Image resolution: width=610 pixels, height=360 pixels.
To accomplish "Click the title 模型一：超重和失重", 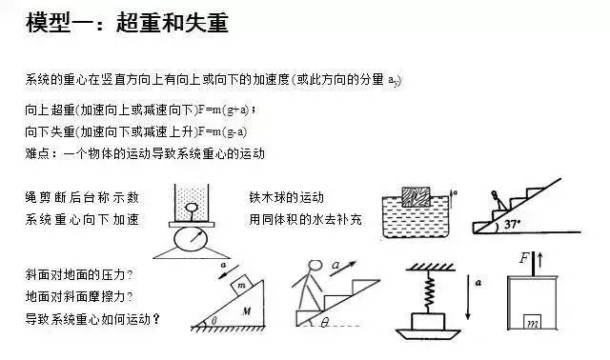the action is click(x=127, y=23).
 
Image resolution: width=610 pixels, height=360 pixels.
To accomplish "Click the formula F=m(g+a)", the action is click(x=223, y=110).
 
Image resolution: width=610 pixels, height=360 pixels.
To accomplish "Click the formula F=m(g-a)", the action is click(x=222, y=131).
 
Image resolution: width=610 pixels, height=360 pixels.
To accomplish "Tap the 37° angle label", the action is click(x=512, y=225).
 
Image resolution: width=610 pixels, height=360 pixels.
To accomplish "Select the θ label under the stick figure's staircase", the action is click(x=324, y=322).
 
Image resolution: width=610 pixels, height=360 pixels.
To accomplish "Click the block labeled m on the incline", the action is click(x=242, y=286).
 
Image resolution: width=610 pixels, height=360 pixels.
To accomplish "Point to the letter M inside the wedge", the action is click(x=246, y=311).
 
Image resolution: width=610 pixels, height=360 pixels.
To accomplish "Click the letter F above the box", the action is click(x=525, y=258).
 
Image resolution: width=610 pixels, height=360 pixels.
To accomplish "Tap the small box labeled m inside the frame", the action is click(x=532, y=322).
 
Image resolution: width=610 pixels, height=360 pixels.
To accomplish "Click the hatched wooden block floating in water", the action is click(x=416, y=197).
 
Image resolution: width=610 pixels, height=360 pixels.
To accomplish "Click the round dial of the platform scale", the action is click(x=191, y=240).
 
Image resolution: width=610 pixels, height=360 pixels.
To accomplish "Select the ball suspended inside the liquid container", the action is click(x=191, y=208).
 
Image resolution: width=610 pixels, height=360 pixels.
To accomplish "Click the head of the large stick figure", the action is click(x=315, y=265).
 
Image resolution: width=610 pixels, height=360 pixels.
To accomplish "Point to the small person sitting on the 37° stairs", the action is click(x=498, y=200).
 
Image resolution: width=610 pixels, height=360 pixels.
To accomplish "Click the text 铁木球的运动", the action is click(x=287, y=197).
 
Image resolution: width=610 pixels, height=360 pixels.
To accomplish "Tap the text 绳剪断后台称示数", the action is click(x=82, y=197).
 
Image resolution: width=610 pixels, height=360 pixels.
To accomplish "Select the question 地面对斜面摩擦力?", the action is click(x=79, y=297).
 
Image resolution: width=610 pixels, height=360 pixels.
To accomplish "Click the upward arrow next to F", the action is click(x=540, y=260).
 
